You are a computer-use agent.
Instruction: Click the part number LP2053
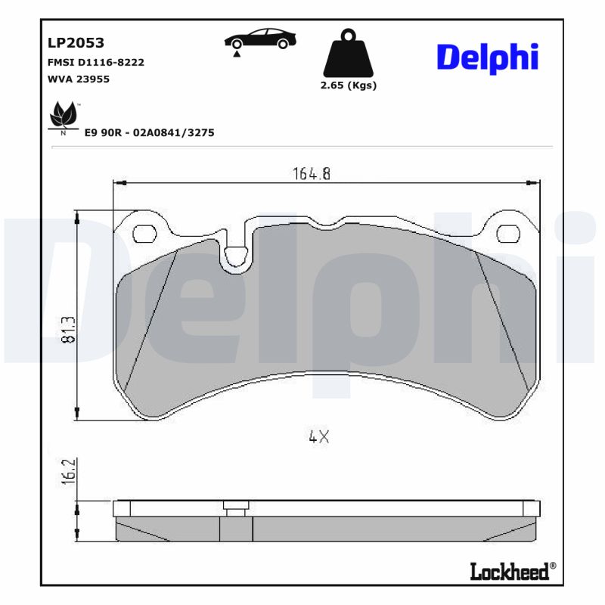coord(76,43)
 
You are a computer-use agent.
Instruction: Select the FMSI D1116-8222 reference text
coord(95,62)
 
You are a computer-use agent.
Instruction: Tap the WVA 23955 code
coord(79,79)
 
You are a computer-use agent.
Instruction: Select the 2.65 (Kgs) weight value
coord(349,85)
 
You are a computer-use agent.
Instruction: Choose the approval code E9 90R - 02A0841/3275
coord(150,132)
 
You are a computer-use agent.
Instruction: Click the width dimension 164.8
coord(312,173)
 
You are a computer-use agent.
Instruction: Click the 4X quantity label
coord(319,436)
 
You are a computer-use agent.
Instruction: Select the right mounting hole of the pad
coord(509,234)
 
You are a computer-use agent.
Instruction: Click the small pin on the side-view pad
coord(236,507)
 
